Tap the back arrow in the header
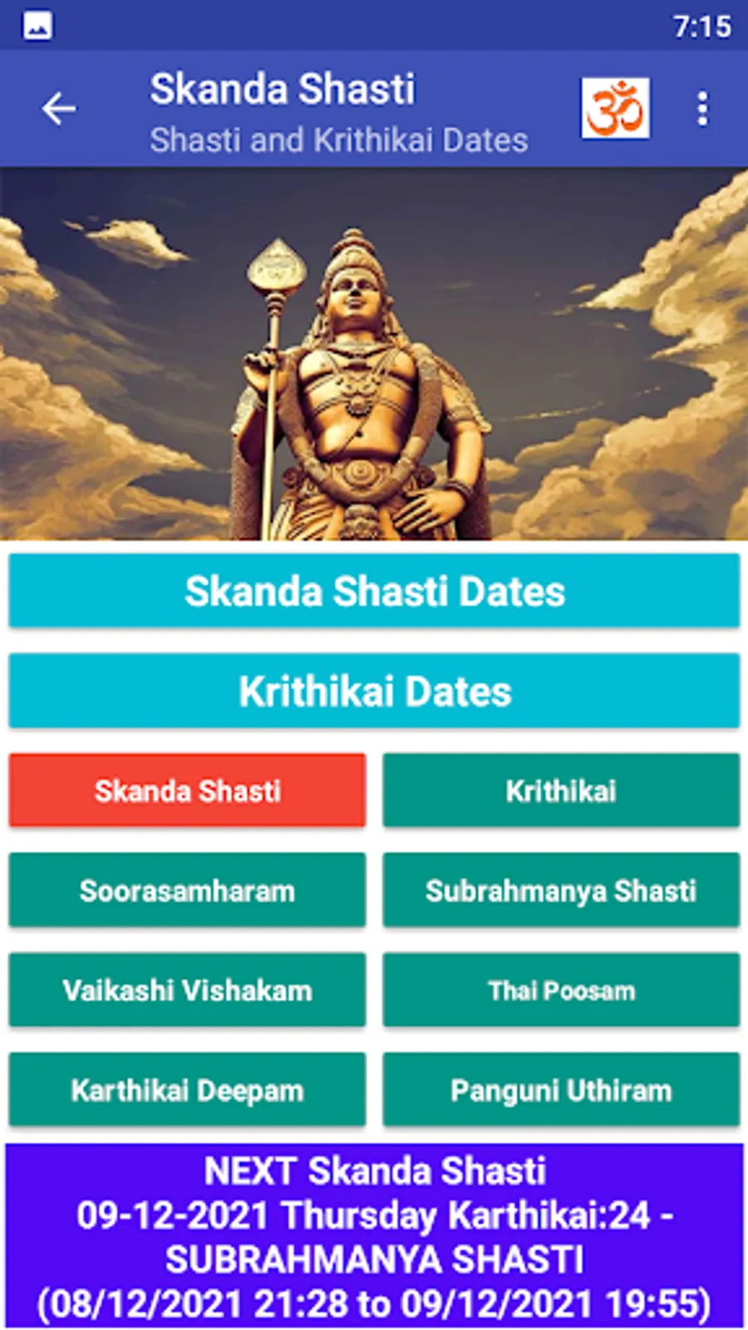click(58, 109)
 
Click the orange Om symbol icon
click(615, 108)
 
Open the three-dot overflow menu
click(703, 109)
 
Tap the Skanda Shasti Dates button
click(374, 591)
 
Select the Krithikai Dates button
click(374, 691)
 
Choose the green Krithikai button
click(561, 791)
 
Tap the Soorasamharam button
click(187, 890)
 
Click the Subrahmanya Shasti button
click(561, 890)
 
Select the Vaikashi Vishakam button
click(187, 990)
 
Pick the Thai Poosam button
click(561, 990)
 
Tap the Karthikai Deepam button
click(187, 1090)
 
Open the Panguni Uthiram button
click(561, 1090)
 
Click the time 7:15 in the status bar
click(702, 27)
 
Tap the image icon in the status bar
click(37, 26)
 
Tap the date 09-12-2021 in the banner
click(172, 1214)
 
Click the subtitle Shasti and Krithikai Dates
click(338, 140)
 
